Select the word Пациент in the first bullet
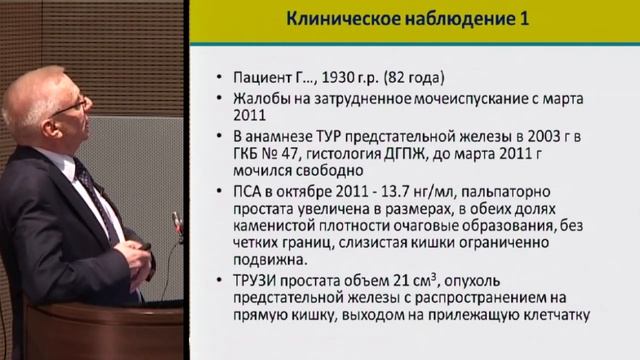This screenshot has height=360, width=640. click(x=265, y=76)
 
